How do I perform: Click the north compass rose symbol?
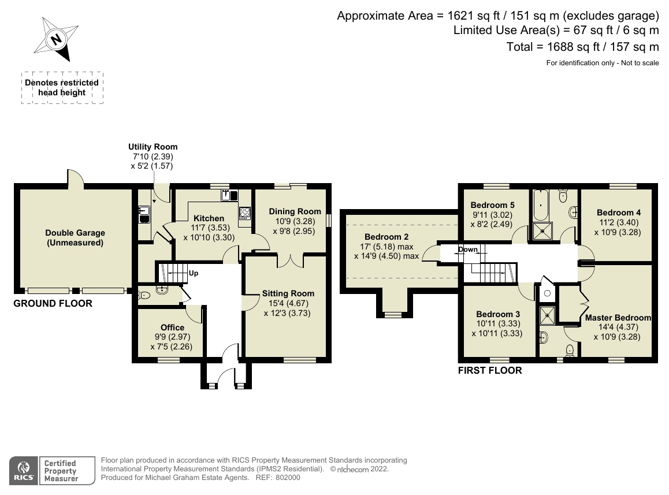(x=56, y=39)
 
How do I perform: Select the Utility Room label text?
(x=153, y=147)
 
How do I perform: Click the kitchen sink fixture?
(x=229, y=195)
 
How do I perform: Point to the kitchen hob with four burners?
(x=245, y=213)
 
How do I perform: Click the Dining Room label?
(x=295, y=211)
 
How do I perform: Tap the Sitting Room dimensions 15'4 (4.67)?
(x=288, y=303)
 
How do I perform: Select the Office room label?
(x=172, y=327)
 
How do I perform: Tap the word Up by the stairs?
(x=194, y=273)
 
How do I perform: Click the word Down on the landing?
(x=467, y=250)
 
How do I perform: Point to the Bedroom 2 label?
(x=386, y=237)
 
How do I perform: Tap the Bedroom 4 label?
(x=619, y=213)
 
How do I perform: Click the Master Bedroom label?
(x=618, y=318)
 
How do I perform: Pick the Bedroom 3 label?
(x=498, y=314)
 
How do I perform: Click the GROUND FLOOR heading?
(x=53, y=303)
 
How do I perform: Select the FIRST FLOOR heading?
(x=490, y=370)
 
